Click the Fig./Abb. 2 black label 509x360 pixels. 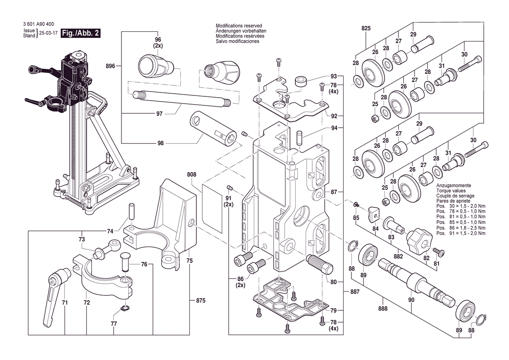pyautogui.click(x=81, y=34)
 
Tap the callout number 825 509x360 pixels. pyautogui.click(x=366, y=28)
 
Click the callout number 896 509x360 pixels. pyautogui.click(x=110, y=66)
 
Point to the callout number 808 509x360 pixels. pyautogui.click(x=192, y=174)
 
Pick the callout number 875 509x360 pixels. pyautogui.click(x=200, y=301)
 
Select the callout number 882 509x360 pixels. pyautogui.click(x=398, y=257)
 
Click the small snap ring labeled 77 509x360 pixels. pyautogui.click(x=125, y=309)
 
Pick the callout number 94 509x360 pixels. pyautogui.click(x=334, y=128)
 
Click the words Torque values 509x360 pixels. pyautogui.click(x=451, y=191)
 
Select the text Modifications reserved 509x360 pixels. pyautogui.click(x=241, y=26)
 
